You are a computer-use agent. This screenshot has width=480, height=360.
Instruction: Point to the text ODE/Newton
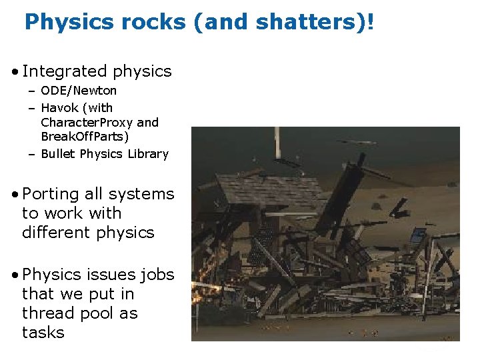79,91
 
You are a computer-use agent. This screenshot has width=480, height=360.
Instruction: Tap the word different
54,233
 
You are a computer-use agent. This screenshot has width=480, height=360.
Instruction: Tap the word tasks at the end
43,332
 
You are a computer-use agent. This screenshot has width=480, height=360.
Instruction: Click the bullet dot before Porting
15,195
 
